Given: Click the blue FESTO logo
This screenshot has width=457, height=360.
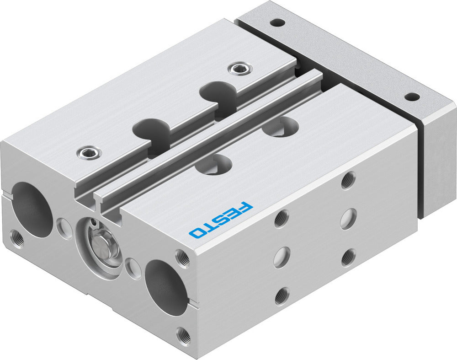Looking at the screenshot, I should [221, 220].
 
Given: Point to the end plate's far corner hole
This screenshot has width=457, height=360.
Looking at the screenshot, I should [276, 21].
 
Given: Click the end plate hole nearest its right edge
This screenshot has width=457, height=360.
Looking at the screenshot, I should [412, 97].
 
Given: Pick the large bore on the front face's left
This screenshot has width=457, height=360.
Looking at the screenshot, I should [33, 209].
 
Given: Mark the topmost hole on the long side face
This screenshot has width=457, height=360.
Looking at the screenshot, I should [348, 180].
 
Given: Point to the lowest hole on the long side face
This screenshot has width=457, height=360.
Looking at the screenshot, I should [282, 296].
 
